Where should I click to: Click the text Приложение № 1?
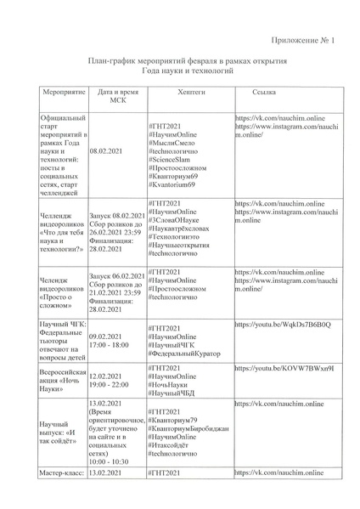[x=303, y=40]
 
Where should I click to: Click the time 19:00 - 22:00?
[x=113, y=383]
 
